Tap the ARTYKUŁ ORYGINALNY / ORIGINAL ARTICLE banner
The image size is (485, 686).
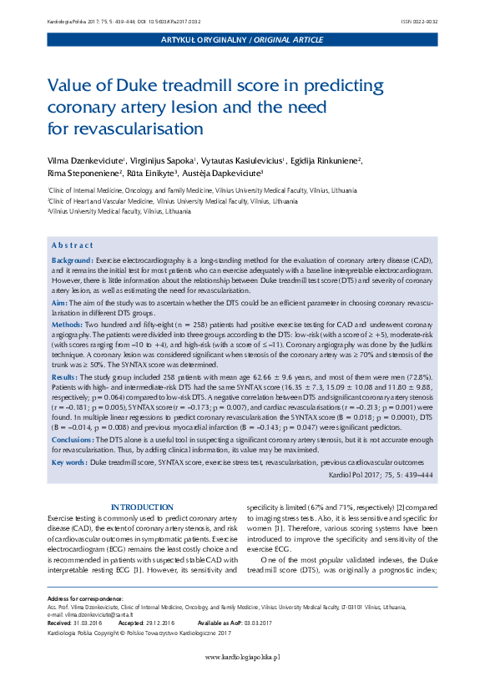(243, 40)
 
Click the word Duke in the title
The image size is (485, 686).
(144, 86)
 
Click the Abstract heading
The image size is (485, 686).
(72, 245)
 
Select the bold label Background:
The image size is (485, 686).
(73, 261)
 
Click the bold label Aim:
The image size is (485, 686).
(59, 302)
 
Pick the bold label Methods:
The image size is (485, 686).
(67, 323)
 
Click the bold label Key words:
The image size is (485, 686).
(68, 462)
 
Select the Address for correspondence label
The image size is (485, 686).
(85, 599)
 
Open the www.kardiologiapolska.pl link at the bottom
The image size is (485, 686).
(243, 658)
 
